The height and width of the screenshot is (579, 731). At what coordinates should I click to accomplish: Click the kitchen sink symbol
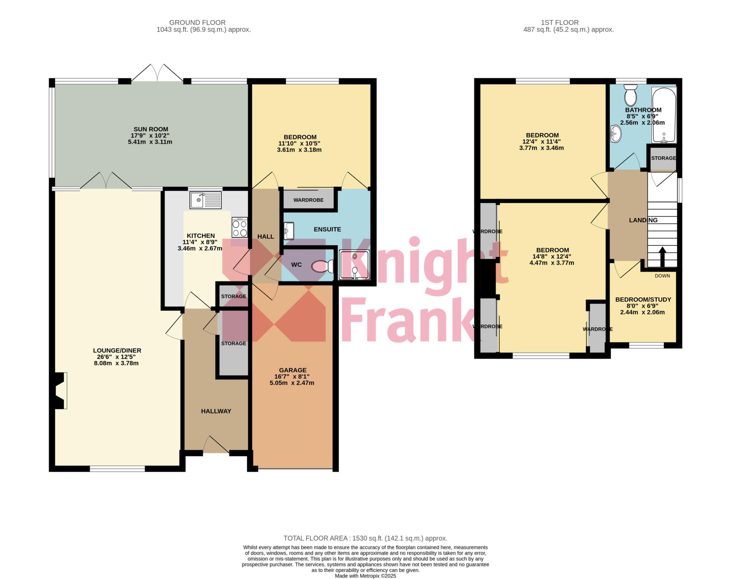tap(206, 200)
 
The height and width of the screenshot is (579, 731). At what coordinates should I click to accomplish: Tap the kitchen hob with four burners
tap(240, 227)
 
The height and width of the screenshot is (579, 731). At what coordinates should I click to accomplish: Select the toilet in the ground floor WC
tap(322, 266)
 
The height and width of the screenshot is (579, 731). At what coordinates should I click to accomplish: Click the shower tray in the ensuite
tap(354, 265)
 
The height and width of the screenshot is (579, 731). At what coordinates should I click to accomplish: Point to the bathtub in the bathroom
tap(664, 115)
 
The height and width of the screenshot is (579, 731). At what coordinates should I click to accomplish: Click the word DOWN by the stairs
tap(662, 276)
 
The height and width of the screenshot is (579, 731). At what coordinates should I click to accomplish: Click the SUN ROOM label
tap(151, 129)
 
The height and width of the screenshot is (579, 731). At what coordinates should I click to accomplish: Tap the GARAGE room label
tap(293, 370)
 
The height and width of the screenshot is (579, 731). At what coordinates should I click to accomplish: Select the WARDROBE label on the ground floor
tap(308, 200)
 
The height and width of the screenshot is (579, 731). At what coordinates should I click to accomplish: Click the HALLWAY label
tap(216, 411)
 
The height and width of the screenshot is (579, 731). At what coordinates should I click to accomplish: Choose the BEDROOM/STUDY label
tap(643, 300)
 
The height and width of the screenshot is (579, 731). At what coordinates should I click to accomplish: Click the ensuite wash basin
tap(289, 231)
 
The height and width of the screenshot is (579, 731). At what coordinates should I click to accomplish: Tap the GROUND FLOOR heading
tap(197, 22)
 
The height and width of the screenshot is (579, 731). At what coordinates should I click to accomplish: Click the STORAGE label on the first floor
tap(663, 158)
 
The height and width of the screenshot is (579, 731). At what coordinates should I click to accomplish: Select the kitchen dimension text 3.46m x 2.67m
tap(200, 248)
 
